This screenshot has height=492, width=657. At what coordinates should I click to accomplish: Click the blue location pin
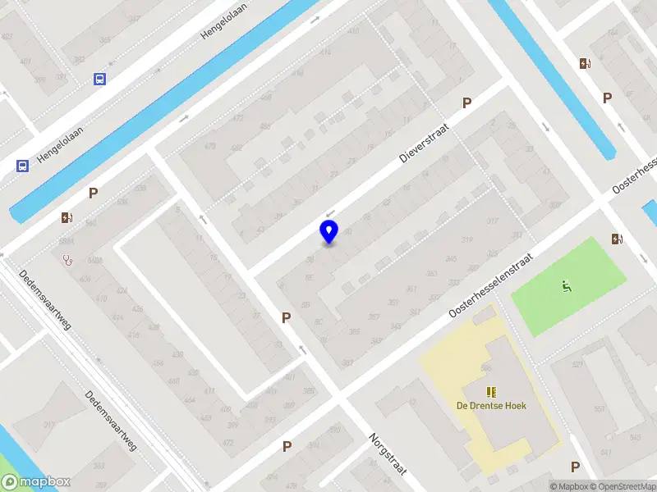tap(328, 232)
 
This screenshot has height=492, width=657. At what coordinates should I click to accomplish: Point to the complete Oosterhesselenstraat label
tap(491, 286)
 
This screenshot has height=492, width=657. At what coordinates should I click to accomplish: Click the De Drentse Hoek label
tap(491, 405)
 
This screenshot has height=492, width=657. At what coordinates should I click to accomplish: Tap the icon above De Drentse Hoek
tap(491, 392)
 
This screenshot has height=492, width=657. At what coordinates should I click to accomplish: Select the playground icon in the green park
tap(566, 287)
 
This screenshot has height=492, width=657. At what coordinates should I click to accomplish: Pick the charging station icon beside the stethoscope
tap(67, 218)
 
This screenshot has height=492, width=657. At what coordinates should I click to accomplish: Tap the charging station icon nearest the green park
tap(617, 239)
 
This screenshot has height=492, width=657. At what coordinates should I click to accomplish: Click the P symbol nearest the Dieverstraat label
tap(467, 103)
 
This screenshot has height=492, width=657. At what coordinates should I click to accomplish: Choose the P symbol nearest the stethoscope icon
tap(94, 194)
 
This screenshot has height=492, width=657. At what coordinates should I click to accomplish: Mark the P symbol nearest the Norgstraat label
tap(287, 447)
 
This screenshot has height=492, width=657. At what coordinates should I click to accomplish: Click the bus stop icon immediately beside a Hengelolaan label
tap(22, 166)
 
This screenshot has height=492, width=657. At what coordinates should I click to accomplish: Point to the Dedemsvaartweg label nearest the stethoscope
tap(46, 300)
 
